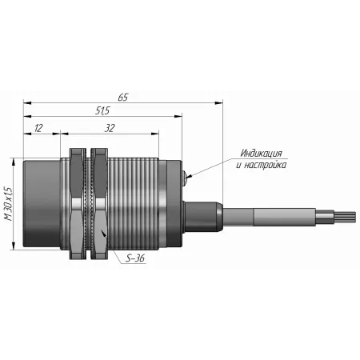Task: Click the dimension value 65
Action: [x=123, y=98]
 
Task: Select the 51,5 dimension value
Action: [x=102, y=110]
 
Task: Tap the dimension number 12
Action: [x=38, y=128]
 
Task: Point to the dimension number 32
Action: [x=110, y=128]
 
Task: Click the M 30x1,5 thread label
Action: [x=8, y=204]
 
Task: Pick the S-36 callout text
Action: [x=135, y=258]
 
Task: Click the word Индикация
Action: [x=261, y=154]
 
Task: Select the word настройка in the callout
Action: [x=265, y=165]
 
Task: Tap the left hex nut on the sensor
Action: [x=78, y=204]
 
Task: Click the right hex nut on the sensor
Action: [x=99, y=204]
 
